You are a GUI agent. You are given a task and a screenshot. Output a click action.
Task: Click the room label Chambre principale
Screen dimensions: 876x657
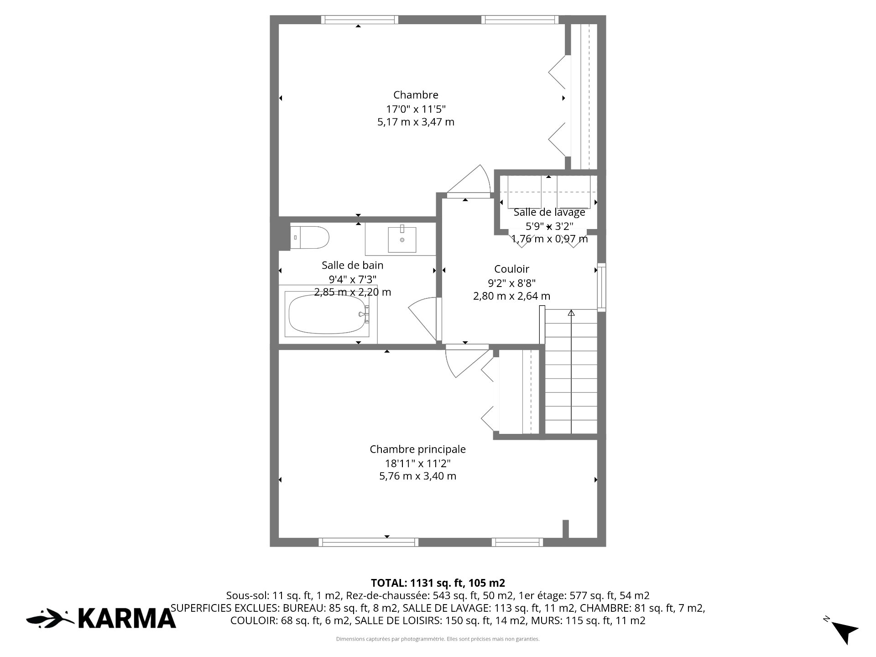pos(417,449)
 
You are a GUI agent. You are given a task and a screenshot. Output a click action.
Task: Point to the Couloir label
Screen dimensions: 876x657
pos(511,269)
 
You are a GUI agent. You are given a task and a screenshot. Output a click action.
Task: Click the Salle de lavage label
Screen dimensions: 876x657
pos(549,212)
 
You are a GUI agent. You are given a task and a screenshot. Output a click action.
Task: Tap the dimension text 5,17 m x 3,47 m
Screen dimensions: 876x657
pos(416,122)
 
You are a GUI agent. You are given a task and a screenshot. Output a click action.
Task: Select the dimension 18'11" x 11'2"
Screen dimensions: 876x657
pos(417,463)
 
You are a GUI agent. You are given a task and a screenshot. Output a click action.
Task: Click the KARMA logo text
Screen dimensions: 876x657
pos(127,618)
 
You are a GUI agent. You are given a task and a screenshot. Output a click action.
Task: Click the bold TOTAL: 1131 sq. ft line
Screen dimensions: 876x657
pos(438,583)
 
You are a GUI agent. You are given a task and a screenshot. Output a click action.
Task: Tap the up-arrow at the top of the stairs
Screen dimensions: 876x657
pos(571,313)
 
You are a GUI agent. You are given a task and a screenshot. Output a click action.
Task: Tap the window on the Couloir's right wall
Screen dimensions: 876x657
pos(602,287)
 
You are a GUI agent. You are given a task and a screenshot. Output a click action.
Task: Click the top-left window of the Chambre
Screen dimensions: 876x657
pos(359,20)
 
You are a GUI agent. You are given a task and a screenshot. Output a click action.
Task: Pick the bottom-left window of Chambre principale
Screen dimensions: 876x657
pos(368,542)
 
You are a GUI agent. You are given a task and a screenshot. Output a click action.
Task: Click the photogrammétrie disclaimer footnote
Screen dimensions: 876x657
pos(438,639)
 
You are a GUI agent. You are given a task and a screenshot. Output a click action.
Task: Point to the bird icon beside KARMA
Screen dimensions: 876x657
pos(50,618)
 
